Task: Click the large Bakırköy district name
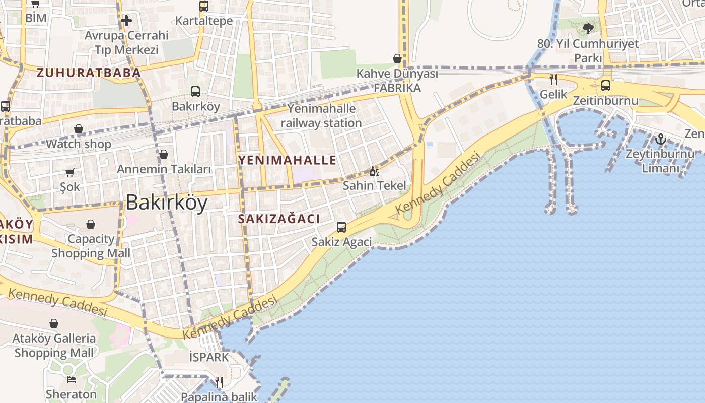pyautogui.click(x=166, y=203)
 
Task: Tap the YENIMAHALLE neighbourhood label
pyautogui.click(x=287, y=160)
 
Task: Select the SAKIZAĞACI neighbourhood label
pyautogui.click(x=279, y=219)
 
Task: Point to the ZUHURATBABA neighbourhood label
pyautogui.click(x=89, y=73)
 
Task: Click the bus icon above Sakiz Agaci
pyautogui.click(x=341, y=227)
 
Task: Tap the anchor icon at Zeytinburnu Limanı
pyautogui.click(x=660, y=139)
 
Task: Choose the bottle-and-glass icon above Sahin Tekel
pyautogui.click(x=374, y=172)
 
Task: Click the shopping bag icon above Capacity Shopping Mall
pyautogui.click(x=91, y=224)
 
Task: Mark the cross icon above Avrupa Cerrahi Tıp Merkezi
pyautogui.click(x=126, y=21)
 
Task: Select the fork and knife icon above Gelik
pyautogui.click(x=553, y=80)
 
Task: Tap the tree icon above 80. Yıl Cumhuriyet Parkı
pyautogui.click(x=588, y=28)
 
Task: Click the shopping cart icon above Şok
pyautogui.click(x=70, y=173)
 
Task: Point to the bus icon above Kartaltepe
pyautogui.click(x=203, y=6)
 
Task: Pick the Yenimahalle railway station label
pyautogui.click(x=321, y=116)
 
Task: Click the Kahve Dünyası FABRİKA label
pyautogui.click(x=397, y=81)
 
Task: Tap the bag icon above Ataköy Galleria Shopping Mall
pyautogui.click(x=54, y=323)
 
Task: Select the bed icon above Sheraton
pyautogui.click(x=71, y=379)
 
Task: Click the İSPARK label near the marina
pyautogui.click(x=209, y=357)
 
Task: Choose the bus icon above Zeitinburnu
pyautogui.click(x=605, y=86)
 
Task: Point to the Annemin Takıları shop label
pyautogui.click(x=164, y=169)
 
